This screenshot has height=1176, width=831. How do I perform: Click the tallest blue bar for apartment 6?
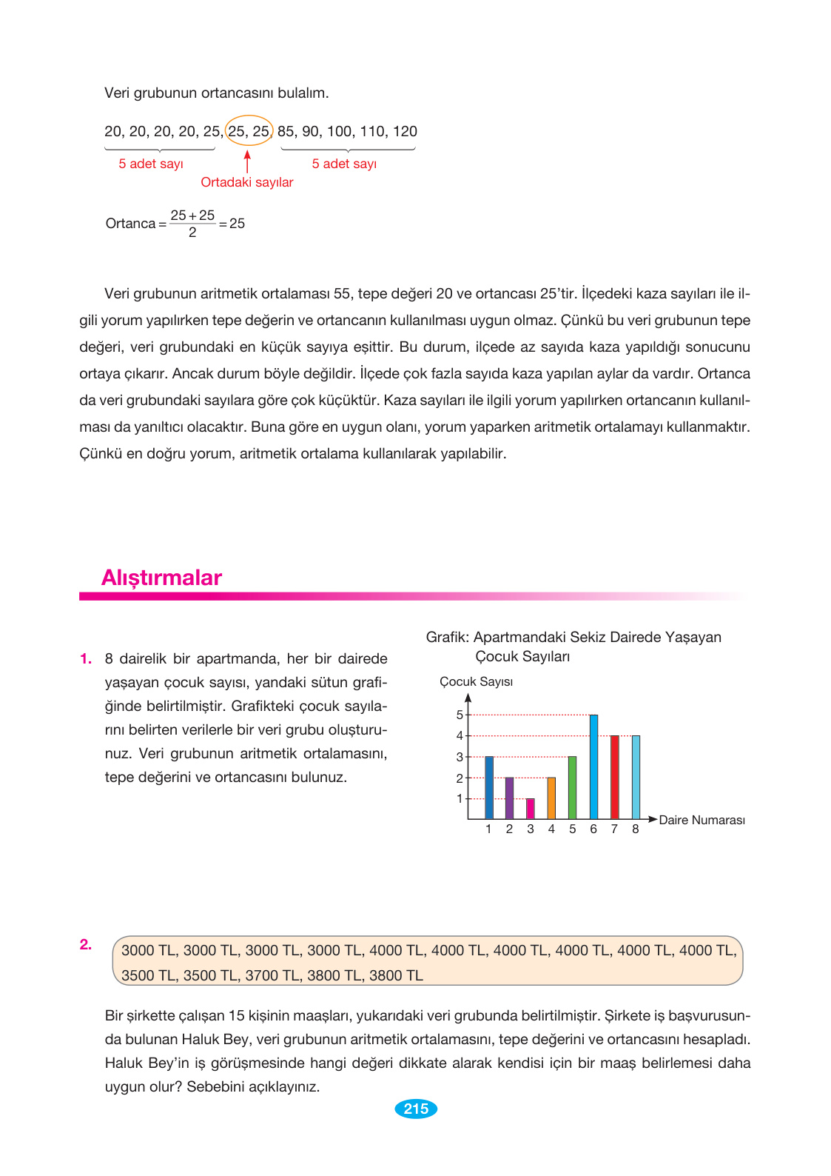click(x=593, y=766)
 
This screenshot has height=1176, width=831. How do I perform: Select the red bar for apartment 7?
click(x=614, y=777)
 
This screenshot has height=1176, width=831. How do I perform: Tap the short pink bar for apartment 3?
click(x=531, y=809)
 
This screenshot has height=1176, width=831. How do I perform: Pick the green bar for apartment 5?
click(x=572, y=787)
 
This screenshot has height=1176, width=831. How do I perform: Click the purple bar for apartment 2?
click(x=509, y=798)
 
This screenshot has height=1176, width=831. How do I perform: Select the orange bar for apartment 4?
click(x=551, y=798)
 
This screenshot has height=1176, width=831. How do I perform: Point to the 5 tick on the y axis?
click(x=460, y=715)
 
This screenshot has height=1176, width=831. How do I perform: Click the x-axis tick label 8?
click(x=636, y=829)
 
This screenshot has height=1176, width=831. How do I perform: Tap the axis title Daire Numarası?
click(x=702, y=820)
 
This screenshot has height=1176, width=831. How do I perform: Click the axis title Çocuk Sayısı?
click(x=476, y=681)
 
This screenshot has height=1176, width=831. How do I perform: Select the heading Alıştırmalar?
click(x=161, y=578)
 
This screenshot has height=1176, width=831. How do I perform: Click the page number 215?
click(x=416, y=1109)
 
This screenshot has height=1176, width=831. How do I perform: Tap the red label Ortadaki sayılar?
click(x=247, y=182)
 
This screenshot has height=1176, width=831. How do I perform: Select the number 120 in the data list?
click(x=405, y=131)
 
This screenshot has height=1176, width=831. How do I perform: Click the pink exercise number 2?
click(x=86, y=944)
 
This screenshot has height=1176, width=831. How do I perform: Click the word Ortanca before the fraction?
click(x=130, y=224)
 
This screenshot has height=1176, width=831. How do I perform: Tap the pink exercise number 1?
click(x=86, y=658)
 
